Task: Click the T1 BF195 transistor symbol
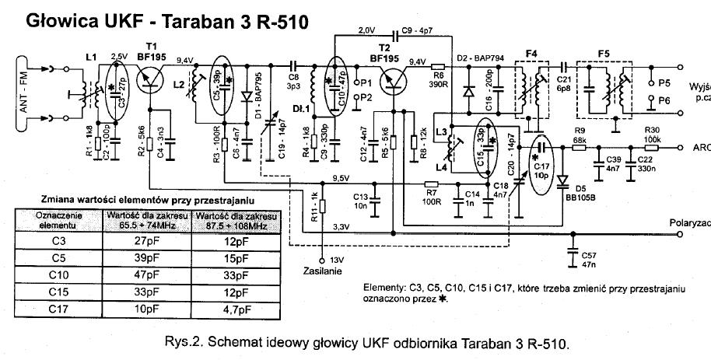[x=151, y=75]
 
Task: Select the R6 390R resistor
[x=439, y=67]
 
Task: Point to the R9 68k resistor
[x=580, y=145]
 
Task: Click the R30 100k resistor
[x=650, y=145]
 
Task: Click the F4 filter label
[x=531, y=52]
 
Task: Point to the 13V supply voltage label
[x=337, y=260]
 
